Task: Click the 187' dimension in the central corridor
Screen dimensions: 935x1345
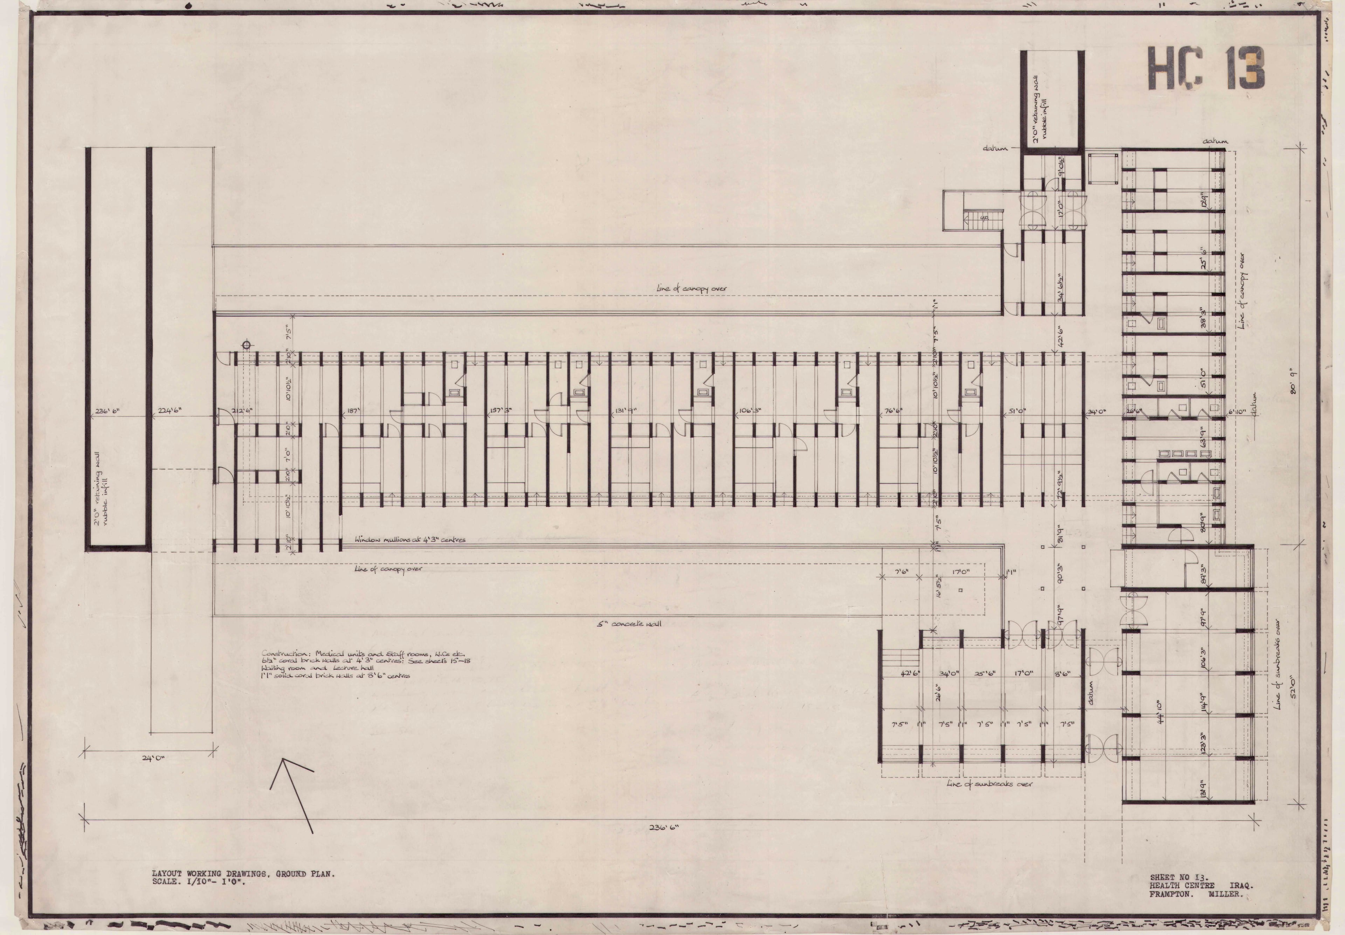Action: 353,411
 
